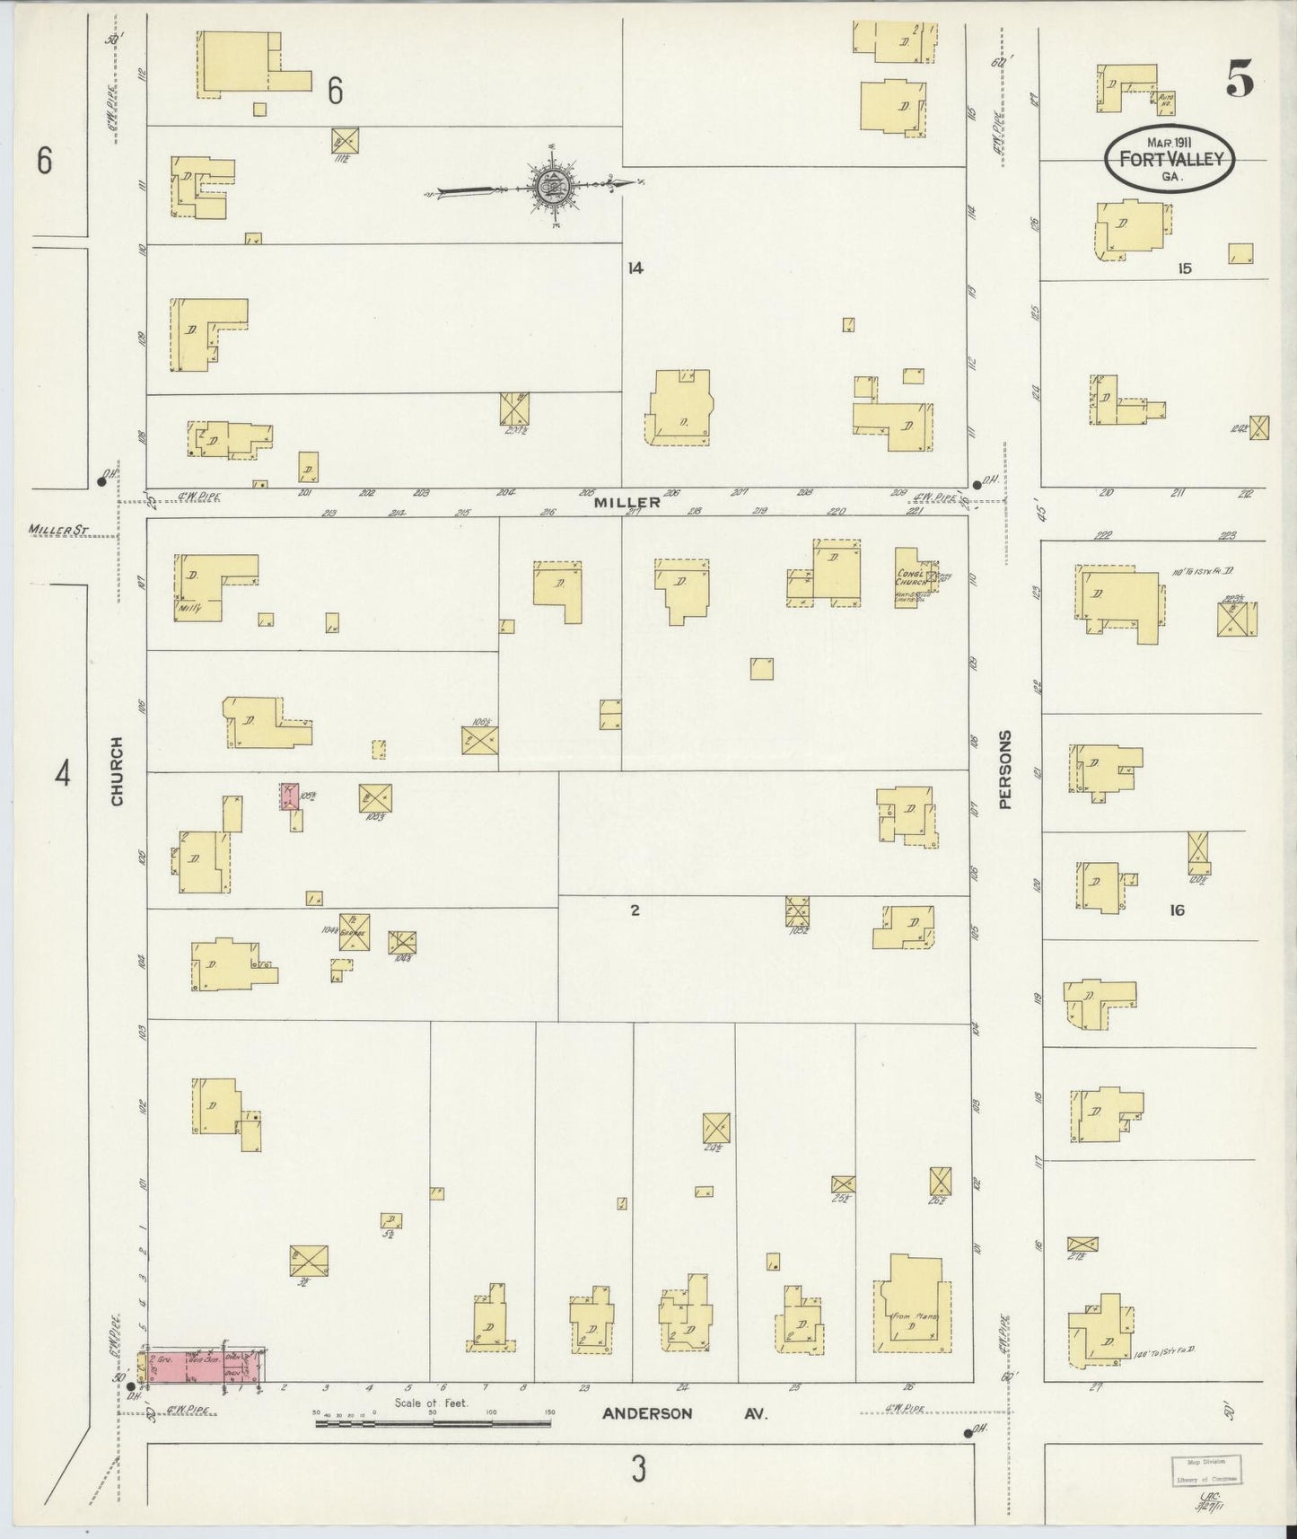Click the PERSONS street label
pyautogui.click(x=1004, y=769)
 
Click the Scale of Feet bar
pyautogui.click(x=434, y=1423)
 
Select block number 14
pyautogui.click(x=636, y=268)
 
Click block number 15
pyautogui.click(x=1184, y=268)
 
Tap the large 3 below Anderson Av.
pyautogui.click(x=638, y=1470)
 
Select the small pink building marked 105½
pyautogui.click(x=290, y=796)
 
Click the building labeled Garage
pyautogui.click(x=355, y=932)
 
